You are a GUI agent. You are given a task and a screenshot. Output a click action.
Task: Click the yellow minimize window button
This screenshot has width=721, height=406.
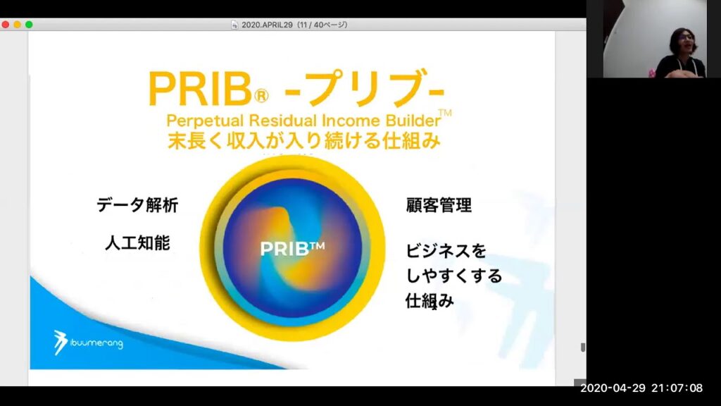[x=17, y=25]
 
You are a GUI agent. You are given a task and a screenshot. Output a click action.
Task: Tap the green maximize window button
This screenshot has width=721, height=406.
[x=29, y=25]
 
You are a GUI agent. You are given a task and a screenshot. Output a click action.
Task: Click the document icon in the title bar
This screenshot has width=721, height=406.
[x=234, y=25]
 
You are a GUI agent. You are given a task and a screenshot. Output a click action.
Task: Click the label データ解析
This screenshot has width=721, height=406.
[x=137, y=206]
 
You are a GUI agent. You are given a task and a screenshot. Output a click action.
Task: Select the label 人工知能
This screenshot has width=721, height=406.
[x=137, y=243]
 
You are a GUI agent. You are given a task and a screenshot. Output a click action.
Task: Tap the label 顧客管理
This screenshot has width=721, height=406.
[x=439, y=206]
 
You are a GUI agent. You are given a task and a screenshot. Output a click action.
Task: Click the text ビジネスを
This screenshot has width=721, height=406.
[x=446, y=251]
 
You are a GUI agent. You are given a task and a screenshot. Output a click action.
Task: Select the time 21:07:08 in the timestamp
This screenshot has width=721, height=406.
[x=678, y=388]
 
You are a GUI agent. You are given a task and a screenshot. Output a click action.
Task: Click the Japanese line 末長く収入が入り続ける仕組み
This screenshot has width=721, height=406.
[x=304, y=141]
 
